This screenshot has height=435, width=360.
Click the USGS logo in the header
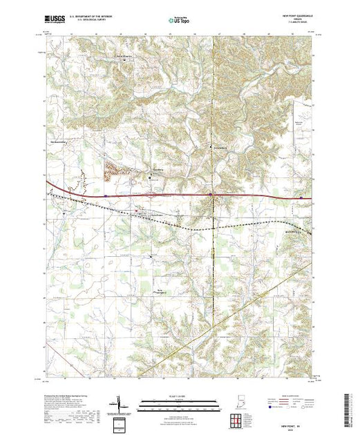[55, 21]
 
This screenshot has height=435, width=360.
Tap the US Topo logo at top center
[180, 22]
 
